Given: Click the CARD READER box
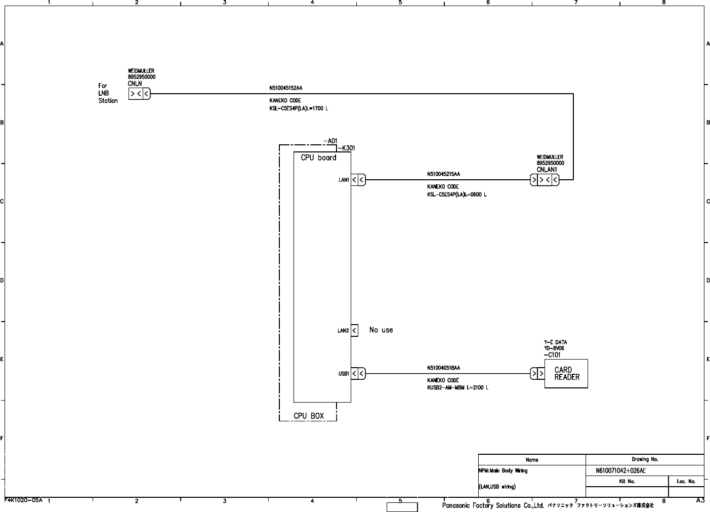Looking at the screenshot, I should tap(566, 374).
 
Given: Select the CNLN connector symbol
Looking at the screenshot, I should tap(139, 94).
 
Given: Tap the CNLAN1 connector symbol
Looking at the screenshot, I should tap(545, 180).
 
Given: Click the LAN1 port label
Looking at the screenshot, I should tap(344, 180).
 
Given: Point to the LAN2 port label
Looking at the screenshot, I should tap(343, 331).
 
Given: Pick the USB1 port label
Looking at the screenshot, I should tap(344, 374).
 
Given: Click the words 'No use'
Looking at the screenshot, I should tap(381, 330).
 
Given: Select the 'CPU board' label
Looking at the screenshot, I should tap(318, 157).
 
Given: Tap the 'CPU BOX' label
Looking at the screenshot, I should tap(309, 416).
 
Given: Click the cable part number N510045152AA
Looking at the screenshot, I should tap(285, 88).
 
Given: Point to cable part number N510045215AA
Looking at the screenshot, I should tap(443, 174).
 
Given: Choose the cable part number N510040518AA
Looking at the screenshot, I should tap(443, 368).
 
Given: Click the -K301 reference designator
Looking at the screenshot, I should tap(346, 148).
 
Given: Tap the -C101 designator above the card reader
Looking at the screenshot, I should tap(552, 355).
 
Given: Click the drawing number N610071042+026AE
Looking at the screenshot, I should tap(620, 471).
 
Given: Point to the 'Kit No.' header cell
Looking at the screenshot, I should tap(627, 482).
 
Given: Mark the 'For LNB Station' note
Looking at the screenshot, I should tap(108, 93).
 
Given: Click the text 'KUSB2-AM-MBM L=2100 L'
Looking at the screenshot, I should tap(457, 388).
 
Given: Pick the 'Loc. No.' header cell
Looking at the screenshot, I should tap(686, 482).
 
